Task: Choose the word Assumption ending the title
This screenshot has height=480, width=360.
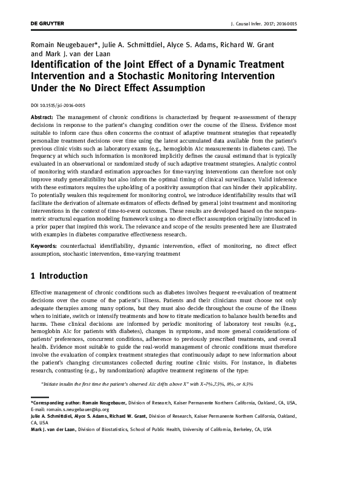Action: pos(174,88)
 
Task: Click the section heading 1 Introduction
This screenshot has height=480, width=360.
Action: pos(59,276)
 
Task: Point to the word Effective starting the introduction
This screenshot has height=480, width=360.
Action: pos(43,292)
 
